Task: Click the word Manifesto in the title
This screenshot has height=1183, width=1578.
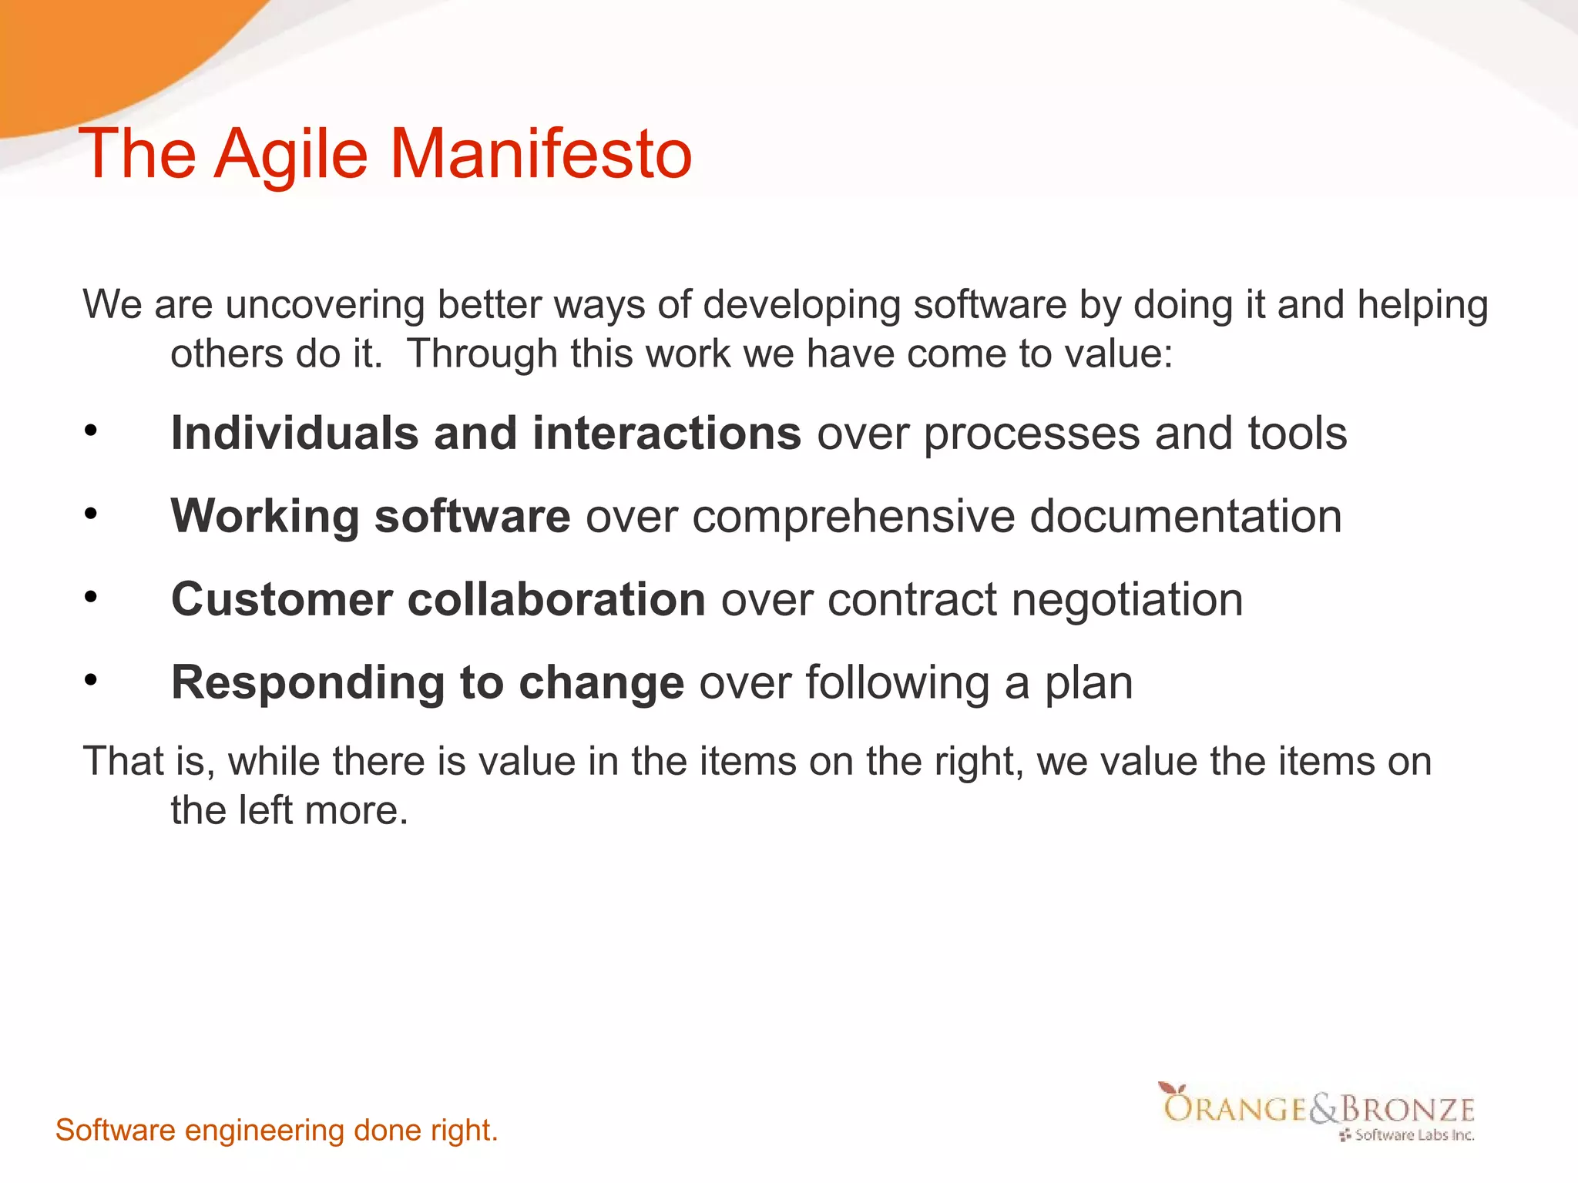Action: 541,154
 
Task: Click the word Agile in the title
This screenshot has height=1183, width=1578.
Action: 291,154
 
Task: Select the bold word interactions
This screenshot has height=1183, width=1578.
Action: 666,433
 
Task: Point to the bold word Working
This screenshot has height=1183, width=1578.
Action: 264,516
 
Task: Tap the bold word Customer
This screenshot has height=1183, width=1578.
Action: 281,599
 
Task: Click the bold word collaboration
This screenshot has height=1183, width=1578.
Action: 556,599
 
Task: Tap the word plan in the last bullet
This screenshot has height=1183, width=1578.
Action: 1088,684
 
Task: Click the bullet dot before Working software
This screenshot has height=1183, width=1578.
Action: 91,514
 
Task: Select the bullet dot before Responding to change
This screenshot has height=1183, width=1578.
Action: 91,680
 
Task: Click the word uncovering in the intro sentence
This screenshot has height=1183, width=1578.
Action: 324,305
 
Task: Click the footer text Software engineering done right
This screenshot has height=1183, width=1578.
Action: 277,1130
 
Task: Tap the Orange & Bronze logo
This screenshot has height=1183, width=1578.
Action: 1318,1111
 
